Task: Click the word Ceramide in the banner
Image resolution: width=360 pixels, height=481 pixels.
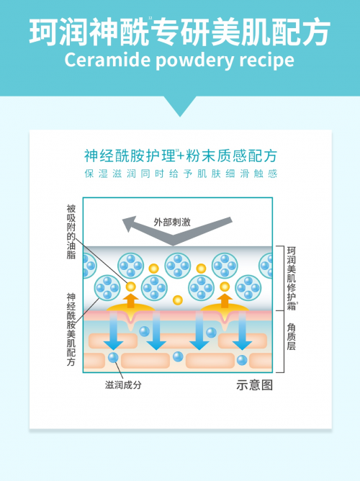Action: tap(107, 60)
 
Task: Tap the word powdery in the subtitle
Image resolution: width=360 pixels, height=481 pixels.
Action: tap(195, 60)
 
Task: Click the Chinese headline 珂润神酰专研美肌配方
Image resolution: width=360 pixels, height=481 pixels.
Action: tap(180, 32)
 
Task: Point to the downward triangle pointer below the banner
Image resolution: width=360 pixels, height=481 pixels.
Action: tap(180, 106)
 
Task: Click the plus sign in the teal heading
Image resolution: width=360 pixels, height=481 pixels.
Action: tap(181, 156)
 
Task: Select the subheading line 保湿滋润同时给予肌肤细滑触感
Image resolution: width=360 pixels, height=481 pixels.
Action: tap(181, 174)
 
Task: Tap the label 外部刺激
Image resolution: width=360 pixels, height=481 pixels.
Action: tap(172, 222)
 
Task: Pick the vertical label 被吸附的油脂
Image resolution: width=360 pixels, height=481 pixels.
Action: tap(71, 232)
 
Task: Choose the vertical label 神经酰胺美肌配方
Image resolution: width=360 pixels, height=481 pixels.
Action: tap(71, 329)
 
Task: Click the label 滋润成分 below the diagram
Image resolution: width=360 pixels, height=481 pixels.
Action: tap(123, 385)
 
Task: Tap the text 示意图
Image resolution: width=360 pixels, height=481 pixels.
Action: tap(254, 385)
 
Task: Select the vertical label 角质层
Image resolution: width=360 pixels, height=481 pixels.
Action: tap(292, 336)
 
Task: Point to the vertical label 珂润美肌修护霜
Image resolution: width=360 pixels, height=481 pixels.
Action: tap(292, 279)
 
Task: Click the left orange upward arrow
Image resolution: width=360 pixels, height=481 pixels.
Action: tap(131, 300)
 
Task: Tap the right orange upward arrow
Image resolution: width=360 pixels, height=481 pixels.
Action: tap(225, 300)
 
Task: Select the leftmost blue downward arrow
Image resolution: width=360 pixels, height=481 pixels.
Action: tap(113, 331)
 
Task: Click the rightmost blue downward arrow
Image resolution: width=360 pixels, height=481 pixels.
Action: tap(242, 331)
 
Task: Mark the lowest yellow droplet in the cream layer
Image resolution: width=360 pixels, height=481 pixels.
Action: tap(178, 300)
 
